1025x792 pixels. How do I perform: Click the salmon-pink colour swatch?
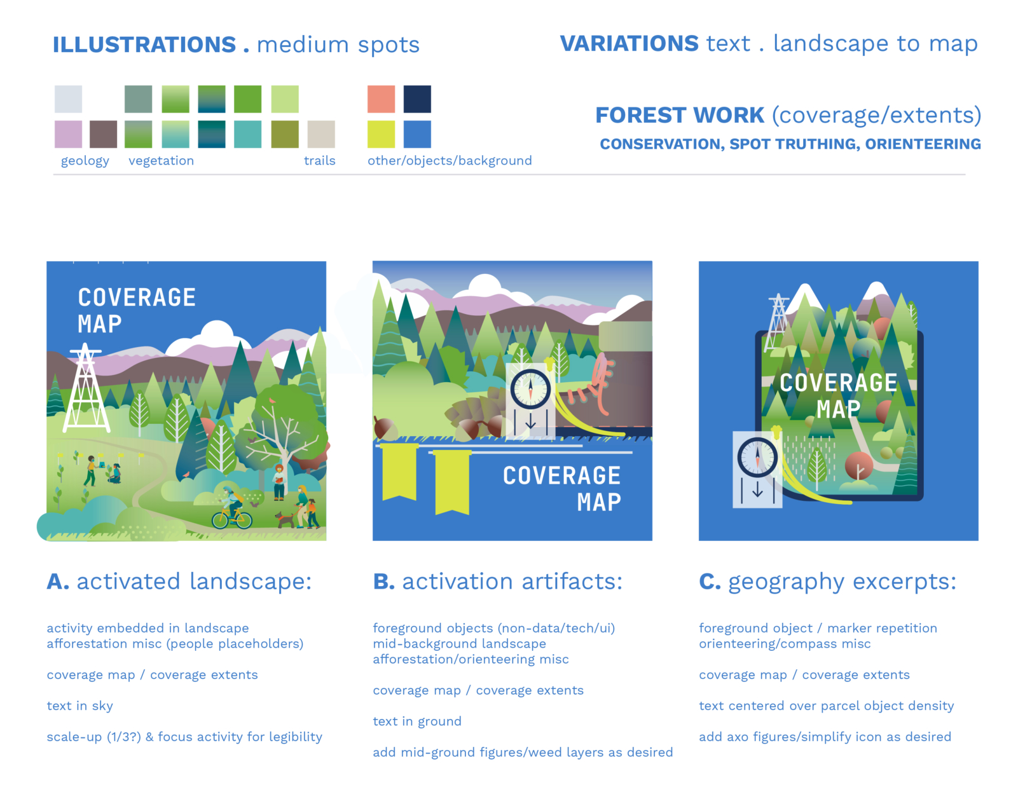(381, 99)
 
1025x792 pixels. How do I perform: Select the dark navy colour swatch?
(417, 99)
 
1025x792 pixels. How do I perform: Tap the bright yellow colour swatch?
(381, 134)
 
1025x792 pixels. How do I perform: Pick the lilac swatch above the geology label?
(68, 134)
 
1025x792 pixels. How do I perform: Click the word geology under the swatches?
(85, 161)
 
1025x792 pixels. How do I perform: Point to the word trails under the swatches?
(319, 160)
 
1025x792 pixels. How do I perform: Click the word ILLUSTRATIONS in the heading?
(144, 44)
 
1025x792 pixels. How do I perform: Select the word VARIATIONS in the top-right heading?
(629, 43)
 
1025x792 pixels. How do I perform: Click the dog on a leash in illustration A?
(285, 519)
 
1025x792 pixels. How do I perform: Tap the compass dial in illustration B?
(530, 390)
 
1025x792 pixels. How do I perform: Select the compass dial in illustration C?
(757, 457)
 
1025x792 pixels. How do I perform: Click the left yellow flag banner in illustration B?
(399, 472)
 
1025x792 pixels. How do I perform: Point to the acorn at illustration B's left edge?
(385, 428)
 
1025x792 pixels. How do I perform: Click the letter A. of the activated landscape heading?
(58, 581)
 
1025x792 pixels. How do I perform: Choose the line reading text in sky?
(79, 706)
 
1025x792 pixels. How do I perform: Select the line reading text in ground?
(417, 721)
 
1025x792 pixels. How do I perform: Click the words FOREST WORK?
(680, 115)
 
